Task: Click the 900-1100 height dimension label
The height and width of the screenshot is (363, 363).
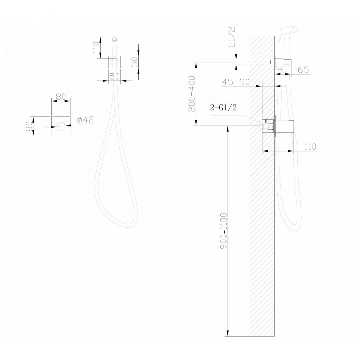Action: click(x=224, y=231)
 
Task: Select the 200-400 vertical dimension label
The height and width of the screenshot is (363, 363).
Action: click(x=192, y=93)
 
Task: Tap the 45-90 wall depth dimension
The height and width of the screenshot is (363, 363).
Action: click(x=236, y=82)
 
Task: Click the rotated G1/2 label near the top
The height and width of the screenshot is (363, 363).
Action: click(x=232, y=37)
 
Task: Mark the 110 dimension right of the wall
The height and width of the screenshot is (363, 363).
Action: click(x=310, y=147)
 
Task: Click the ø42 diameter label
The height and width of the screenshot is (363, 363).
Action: click(x=86, y=120)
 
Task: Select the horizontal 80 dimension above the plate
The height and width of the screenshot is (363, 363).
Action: click(x=61, y=97)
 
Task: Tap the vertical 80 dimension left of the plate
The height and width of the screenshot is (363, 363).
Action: click(x=29, y=126)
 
